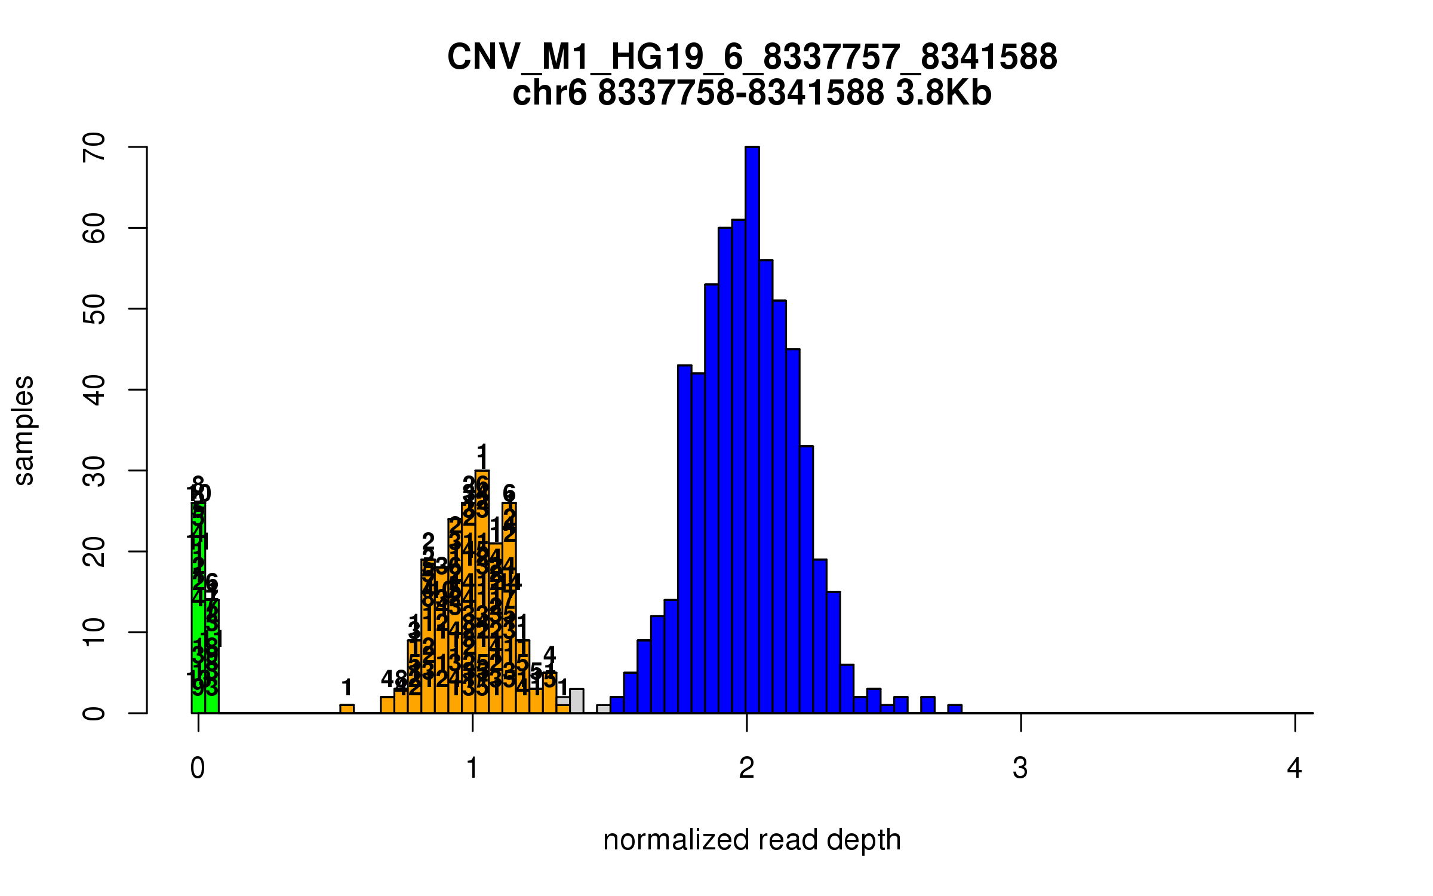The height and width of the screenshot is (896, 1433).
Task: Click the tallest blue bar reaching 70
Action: click(752, 430)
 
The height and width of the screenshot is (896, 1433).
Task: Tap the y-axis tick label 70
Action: click(94, 147)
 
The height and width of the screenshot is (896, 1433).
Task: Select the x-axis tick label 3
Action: click(1020, 768)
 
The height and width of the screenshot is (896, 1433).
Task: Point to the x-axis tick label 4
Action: click(1294, 768)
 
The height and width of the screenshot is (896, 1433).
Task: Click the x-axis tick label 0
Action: click(198, 768)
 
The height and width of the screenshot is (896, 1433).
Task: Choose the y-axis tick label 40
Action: click(94, 389)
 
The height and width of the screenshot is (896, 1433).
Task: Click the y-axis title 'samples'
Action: click(24, 430)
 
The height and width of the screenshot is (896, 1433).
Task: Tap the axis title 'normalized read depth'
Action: click(752, 840)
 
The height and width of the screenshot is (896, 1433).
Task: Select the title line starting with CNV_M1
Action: click(752, 57)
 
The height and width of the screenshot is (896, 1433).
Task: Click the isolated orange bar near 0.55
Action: click(347, 709)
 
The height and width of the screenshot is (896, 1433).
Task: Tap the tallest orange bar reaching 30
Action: click(482, 591)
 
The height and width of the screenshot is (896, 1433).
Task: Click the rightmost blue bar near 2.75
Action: click(955, 709)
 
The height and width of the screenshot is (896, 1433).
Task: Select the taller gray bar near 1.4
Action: click(577, 701)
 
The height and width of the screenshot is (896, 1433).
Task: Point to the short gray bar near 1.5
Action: click(604, 709)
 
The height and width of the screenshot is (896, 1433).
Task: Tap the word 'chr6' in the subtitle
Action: click(549, 93)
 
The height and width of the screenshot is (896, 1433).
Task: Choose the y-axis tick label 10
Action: click(94, 633)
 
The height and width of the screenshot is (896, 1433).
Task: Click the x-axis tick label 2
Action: click(746, 768)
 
